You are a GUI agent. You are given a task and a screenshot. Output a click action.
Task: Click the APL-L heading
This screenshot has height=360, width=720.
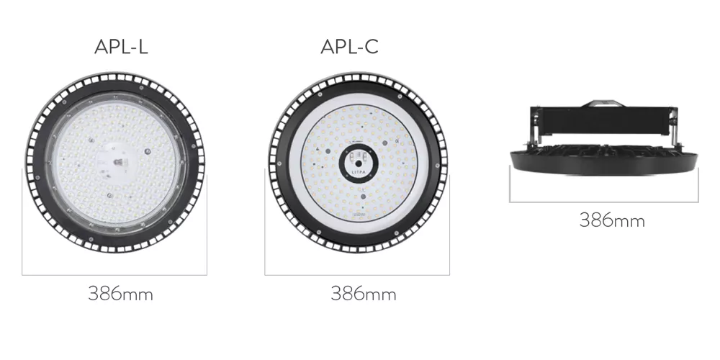121,47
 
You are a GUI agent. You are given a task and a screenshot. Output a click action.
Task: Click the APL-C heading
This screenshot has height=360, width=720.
349,47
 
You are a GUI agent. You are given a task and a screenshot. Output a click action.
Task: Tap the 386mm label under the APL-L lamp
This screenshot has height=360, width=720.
121,294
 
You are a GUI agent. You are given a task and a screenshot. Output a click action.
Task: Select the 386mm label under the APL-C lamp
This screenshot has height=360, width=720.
363,294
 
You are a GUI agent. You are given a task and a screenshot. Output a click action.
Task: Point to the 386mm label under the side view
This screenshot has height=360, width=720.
612,220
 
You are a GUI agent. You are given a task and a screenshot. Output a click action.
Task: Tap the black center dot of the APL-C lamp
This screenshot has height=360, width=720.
358,163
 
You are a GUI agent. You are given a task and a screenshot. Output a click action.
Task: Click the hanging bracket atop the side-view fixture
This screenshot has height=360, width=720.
600,103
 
